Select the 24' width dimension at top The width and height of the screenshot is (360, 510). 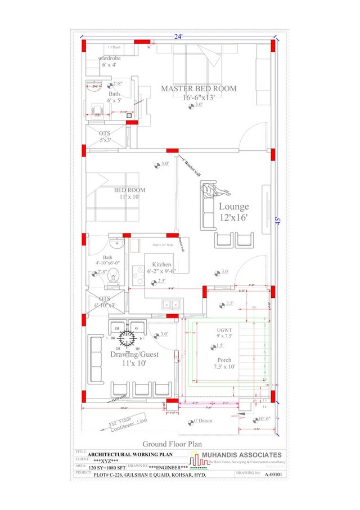tap(178, 36)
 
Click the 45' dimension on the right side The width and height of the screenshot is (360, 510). tap(278, 221)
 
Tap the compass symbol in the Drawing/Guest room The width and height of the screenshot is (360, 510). tap(129, 338)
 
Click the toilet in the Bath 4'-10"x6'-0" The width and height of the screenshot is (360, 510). tap(114, 275)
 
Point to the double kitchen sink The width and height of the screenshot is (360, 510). tap(170, 305)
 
